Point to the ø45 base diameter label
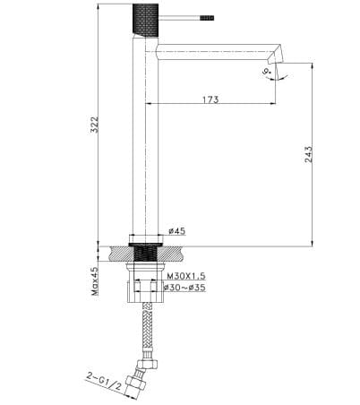177,232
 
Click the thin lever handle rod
184,15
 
